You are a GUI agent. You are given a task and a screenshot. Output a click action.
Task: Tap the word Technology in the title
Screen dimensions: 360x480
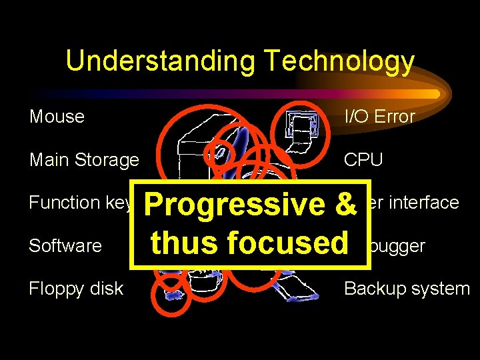pos(339,61)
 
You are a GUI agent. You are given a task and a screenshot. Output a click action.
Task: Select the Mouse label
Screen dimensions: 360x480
pos(57,117)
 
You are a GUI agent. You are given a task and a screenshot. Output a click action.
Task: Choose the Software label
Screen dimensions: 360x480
pos(65,246)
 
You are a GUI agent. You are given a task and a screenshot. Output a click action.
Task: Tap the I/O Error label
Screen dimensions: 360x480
pos(379,117)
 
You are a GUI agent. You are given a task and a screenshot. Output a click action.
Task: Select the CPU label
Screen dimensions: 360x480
pos(363,160)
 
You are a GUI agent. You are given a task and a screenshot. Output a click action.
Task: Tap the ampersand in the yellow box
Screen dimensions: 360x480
pos(346,205)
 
